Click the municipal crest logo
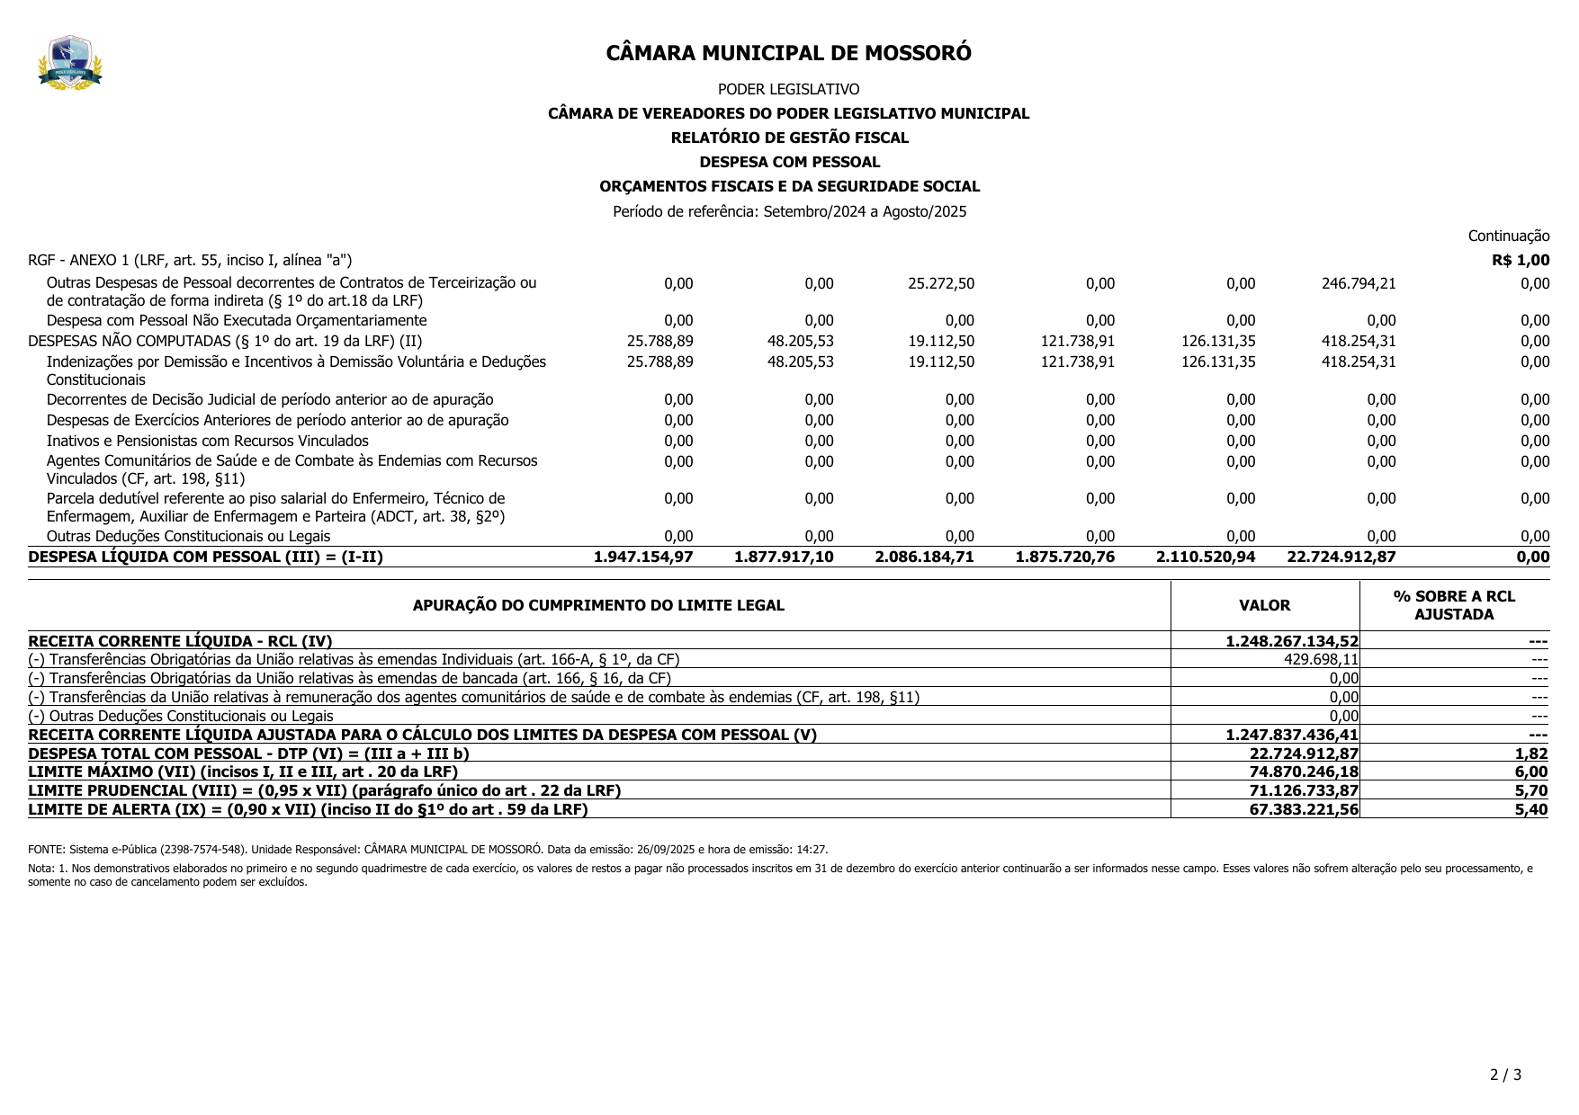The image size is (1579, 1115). pyautogui.click(x=70, y=62)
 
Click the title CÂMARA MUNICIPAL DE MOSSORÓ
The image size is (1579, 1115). pyautogui.click(x=788, y=53)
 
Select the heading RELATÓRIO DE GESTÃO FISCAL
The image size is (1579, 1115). pyautogui.click(x=789, y=138)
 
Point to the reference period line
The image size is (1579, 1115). pyautogui.click(x=789, y=212)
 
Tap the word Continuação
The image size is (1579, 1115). pyautogui.click(x=1508, y=236)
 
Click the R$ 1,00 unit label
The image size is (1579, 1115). pyautogui.click(x=1520, y=261)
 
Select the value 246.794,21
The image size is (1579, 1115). pyautogui.click(x=1358, y=284)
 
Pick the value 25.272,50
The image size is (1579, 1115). pyautogui.click(x=940, y=284)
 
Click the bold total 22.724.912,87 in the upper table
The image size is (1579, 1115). pyautogui.click(x=1341, y=557)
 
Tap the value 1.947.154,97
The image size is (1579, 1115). pyautogui.click(x=643, y=557)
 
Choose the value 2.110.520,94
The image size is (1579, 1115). pyautogui.click(x=1205, y=557)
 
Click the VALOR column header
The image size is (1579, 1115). pyautogui.click(x=1264, y=606)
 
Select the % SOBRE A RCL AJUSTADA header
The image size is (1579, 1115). pyautogui.click(x=1454, y=605)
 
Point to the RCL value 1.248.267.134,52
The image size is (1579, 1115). pyautogui.click(x=1291, y=641)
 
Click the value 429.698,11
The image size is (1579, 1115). pyautogui.click(x=1321, y=660)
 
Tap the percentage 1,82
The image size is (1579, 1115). pyautogui.click(x=1531, y=754)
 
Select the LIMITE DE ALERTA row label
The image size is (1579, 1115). pyautogui.click(x=308, y=809)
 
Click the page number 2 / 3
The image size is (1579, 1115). pyautogui.click(x=1505, y=1075)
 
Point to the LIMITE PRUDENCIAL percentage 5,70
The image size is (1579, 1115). pyautogui.click(x=1531, y=791)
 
